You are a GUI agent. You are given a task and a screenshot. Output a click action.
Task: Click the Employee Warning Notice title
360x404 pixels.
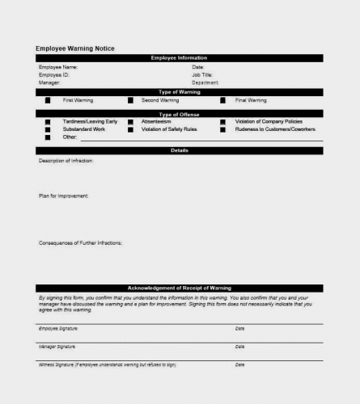[75, 48]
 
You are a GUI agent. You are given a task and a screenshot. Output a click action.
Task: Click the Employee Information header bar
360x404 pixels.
[179, 58]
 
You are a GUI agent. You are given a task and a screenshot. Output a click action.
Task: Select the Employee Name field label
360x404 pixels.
[58, 67]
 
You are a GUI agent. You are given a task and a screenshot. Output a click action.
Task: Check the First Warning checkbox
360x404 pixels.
[48, 100]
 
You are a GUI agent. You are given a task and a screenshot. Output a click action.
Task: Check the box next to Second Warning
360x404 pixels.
[130, 100]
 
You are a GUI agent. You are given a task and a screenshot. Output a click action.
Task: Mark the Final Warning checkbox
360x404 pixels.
[222, 100]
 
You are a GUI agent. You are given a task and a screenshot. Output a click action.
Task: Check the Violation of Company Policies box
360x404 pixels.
[222, 121]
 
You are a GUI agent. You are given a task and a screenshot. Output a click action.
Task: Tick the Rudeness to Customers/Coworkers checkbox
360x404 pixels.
[222, 129]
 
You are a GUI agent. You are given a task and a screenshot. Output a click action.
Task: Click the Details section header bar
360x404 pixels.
[179, 151]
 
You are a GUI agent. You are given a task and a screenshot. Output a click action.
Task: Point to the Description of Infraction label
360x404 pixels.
[66, 161]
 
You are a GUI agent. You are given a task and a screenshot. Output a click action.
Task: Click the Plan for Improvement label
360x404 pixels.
[64, 196]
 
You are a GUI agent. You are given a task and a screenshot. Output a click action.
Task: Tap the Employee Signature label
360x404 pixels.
[59, 329]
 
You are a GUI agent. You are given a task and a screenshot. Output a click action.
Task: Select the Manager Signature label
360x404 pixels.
[57, 347]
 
